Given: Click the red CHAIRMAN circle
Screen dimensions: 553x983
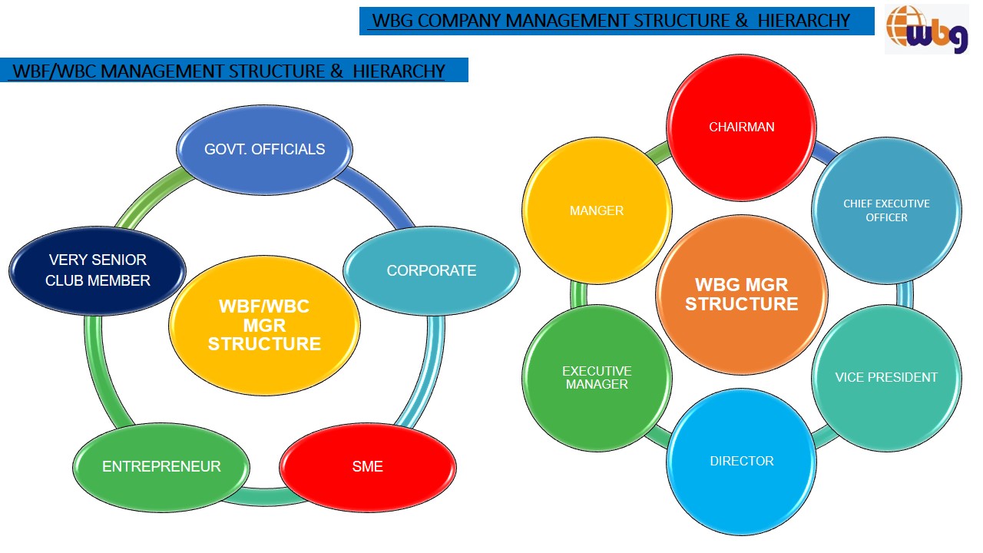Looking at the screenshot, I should coord(741,127).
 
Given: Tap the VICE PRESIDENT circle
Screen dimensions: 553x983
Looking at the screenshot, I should coord(886,377).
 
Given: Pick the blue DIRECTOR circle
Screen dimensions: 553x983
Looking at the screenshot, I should coord(741,461).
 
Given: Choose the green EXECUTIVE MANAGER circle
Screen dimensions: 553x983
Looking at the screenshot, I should coord(597,378).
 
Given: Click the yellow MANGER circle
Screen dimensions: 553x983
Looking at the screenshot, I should coord(597,210).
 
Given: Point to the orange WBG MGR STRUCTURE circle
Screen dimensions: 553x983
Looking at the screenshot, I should coord(741,294).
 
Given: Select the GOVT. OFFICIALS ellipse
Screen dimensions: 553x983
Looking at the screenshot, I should coord(264,149).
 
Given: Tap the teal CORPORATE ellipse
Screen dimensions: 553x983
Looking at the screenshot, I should coord(431,270).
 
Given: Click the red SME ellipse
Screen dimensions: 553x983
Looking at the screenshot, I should coord(367,466).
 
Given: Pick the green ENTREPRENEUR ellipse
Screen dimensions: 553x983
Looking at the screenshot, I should coord(161,466).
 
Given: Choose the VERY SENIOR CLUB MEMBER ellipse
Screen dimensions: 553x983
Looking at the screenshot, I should coord(98,270).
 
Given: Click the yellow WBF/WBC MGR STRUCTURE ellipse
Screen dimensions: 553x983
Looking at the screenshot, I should coord(264,326).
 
